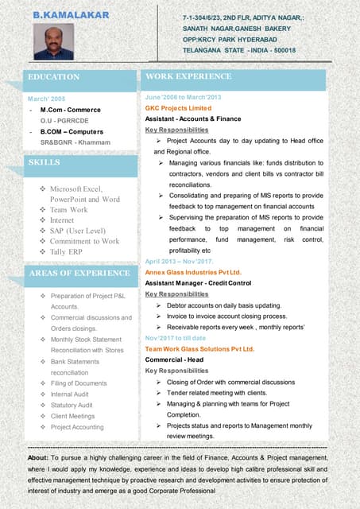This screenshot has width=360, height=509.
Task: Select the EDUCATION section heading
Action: [x=54, y=77]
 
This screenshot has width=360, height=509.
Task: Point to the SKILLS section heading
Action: [x=45, y=162]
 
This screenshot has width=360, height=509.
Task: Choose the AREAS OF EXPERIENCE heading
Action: [x=79, y=274]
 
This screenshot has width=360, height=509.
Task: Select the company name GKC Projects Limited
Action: [x=178, y=107]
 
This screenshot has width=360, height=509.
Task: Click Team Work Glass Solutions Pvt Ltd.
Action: [x=199, y=349]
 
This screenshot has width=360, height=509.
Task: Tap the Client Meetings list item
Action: [x=72, y=416]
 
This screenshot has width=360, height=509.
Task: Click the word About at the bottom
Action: [x=37, y=459]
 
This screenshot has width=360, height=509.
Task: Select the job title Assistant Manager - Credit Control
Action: [x=198, y=282]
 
